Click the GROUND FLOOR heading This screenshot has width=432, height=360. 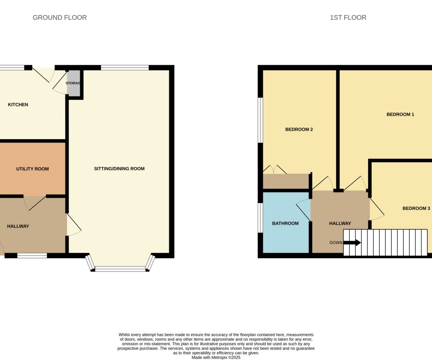60,18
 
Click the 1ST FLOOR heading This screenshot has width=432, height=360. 348,18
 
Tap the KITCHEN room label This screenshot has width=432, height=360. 18,105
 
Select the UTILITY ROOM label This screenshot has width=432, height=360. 32,169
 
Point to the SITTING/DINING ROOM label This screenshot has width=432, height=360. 119,168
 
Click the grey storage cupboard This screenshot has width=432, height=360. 74,83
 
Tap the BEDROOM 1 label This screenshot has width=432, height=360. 400,114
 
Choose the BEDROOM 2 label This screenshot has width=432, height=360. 299,130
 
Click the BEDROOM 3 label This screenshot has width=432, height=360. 416,208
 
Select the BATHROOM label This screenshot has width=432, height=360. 285,224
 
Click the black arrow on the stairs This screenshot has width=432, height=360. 352,243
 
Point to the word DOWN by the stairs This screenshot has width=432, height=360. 336,243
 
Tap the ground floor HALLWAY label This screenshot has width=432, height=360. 18,226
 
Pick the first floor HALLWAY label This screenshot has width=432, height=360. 340,224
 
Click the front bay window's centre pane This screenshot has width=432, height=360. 120,269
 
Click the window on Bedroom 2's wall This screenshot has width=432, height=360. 260,120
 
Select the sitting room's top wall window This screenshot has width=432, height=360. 125,68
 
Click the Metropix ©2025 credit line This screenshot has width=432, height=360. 216,357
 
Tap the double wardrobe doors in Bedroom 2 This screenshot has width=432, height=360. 275,170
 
